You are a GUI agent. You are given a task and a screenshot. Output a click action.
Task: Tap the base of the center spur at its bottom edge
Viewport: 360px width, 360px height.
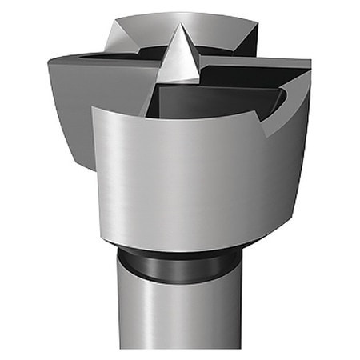click(x=178, y=81)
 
